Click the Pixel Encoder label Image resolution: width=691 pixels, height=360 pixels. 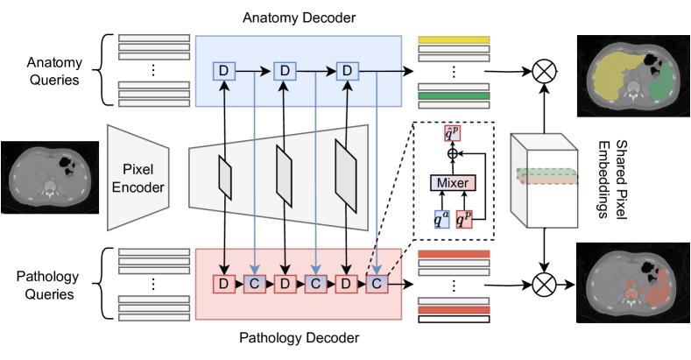coord(137,177)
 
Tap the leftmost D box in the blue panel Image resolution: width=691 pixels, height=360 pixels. coord(224,70)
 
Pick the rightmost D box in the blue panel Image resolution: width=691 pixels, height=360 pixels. coord(348,70)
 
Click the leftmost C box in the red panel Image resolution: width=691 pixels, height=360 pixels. coord(255,284)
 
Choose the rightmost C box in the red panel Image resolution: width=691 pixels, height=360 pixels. coord(377,284)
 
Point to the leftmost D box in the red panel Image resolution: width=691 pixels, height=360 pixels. coord(224,284)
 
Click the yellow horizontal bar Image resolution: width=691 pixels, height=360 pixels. coord(453,40)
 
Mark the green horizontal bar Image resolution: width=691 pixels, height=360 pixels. coord(453,95)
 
